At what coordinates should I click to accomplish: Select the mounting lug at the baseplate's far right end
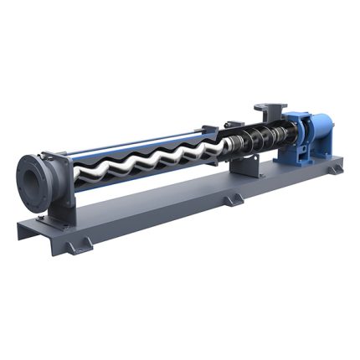pos(335,168)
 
